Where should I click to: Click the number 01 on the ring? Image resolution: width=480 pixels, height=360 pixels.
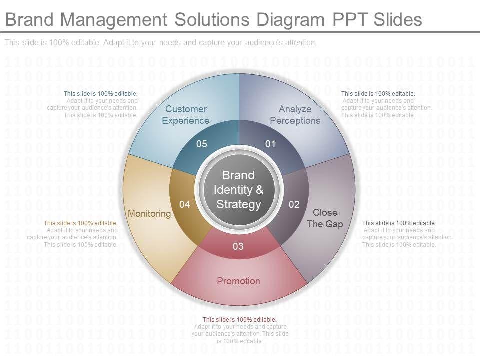click(x=270, y=144)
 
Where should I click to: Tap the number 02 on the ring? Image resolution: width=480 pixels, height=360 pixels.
click(x=294, y=204)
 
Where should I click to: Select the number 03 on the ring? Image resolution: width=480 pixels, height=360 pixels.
click(x=238, y=246)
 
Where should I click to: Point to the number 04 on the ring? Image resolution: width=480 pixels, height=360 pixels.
click(x=185, y=204)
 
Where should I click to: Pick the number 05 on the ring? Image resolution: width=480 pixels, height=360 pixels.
click(x=202, y=144)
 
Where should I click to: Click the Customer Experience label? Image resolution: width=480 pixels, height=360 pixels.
click(x=186, y=115)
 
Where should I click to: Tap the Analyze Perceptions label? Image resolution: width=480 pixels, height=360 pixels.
click(x=295, y=115)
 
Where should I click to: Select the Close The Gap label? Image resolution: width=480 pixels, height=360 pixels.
click(x=325, y=218)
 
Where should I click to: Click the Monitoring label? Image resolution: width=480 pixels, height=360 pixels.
click(x=149, y=214)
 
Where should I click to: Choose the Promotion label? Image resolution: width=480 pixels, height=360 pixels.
click(x=238, y=281)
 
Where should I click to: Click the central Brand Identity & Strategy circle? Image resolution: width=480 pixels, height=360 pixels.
click(x=239, y=190)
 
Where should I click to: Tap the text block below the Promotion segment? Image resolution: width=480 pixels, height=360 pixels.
click(x=239, y=330)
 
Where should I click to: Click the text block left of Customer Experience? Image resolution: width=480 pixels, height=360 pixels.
click(x=93, y=104)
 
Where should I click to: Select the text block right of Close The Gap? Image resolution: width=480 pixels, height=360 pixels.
click(x=407, y=234)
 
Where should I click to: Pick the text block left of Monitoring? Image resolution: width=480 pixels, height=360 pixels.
click(x=73, y=234)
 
